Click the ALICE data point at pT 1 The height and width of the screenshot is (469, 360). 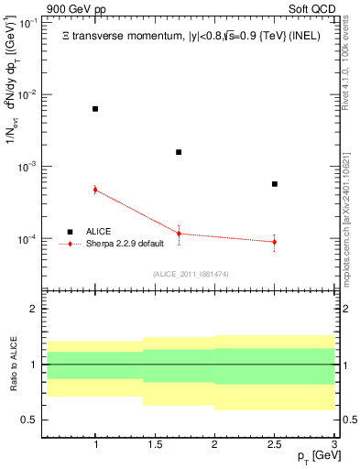point(95,109)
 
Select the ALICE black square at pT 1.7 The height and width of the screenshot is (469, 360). point(179,152)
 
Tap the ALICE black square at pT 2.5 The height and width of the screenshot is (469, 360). point(274,184)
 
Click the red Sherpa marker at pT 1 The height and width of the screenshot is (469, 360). point(95,190)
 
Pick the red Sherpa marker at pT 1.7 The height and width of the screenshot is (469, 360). point(179,234)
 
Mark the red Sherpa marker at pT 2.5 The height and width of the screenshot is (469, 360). point(274,242)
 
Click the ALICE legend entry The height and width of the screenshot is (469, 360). point(99,232)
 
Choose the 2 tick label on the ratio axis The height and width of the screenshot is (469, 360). point(33,309)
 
